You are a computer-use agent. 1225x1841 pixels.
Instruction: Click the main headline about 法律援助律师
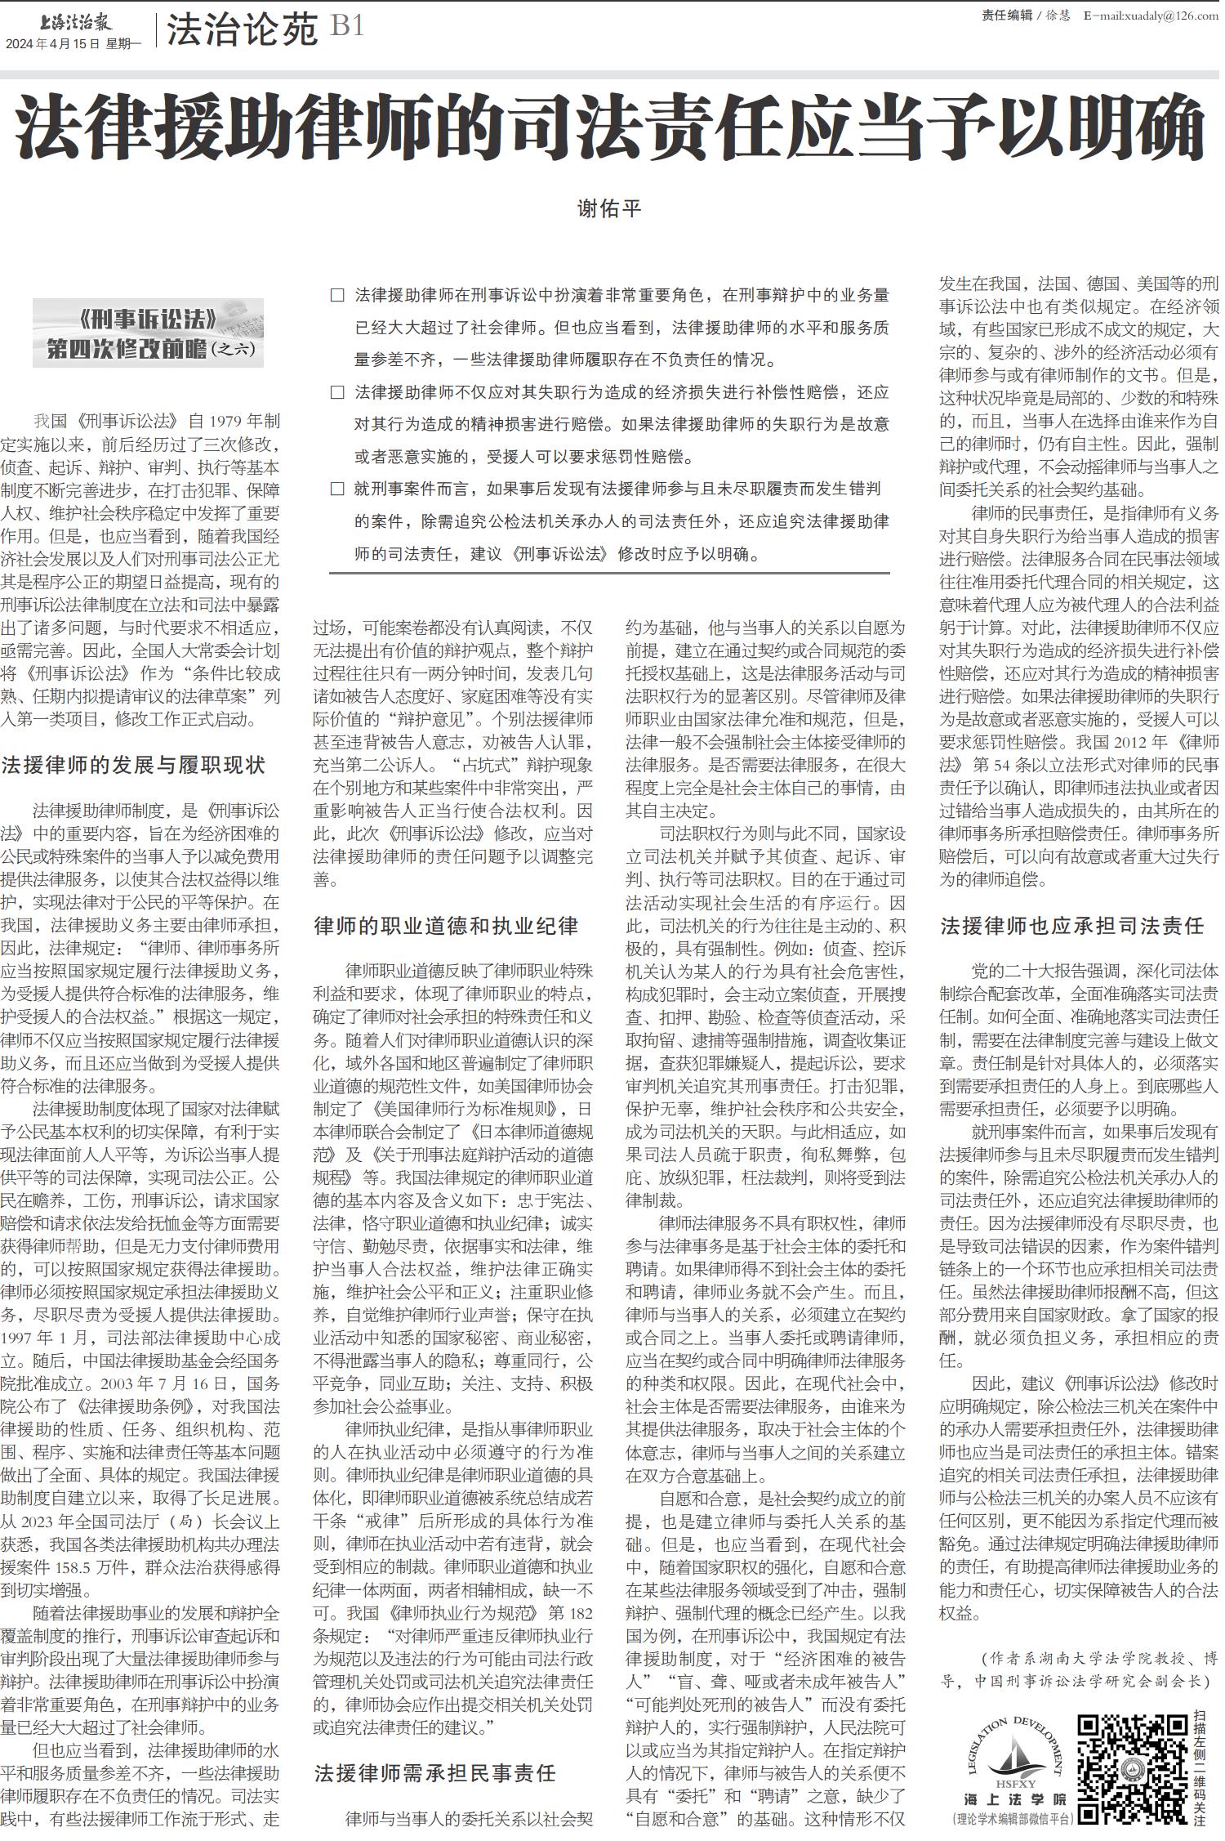click(611, 129)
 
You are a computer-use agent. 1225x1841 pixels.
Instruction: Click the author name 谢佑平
click(609, 209)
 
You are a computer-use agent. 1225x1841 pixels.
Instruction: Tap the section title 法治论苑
click(242, 31)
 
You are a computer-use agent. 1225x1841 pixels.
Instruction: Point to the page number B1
click(347, 27)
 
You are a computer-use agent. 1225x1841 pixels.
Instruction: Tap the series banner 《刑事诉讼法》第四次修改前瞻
click(149, 333)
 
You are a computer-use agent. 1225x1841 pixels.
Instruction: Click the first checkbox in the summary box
click(337, 296)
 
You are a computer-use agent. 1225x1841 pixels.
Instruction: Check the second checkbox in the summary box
click(337, 392)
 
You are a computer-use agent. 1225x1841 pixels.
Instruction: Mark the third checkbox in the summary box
click(337, 489)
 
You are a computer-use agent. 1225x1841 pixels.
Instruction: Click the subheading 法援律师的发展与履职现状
click(133, 766)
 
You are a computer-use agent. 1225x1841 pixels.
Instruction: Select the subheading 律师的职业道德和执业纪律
click(447, 926)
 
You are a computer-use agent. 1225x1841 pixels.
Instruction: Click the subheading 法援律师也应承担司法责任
click(1072, 926)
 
